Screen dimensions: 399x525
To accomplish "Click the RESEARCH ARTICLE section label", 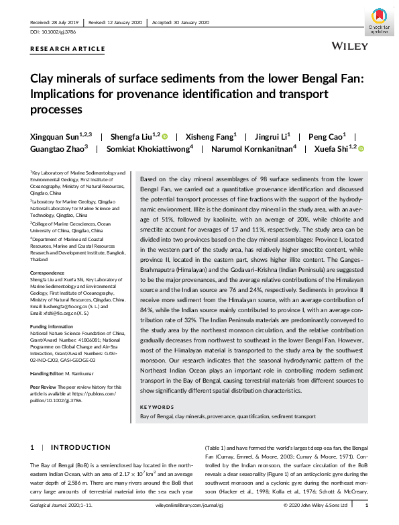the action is pos(68,49).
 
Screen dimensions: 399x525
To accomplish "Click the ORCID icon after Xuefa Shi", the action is pos(360,149).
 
